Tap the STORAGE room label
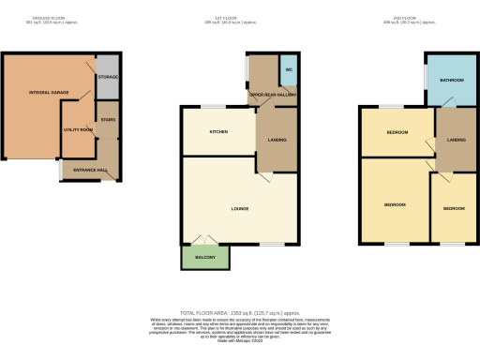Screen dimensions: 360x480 pos(108,76)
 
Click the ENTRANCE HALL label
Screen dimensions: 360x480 pos(90,170)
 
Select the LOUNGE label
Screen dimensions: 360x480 pos(239,208)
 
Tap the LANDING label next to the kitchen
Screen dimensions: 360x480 pos(277,140)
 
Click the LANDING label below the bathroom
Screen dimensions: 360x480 pos(456,142)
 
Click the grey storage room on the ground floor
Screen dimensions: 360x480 pos(108,80)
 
